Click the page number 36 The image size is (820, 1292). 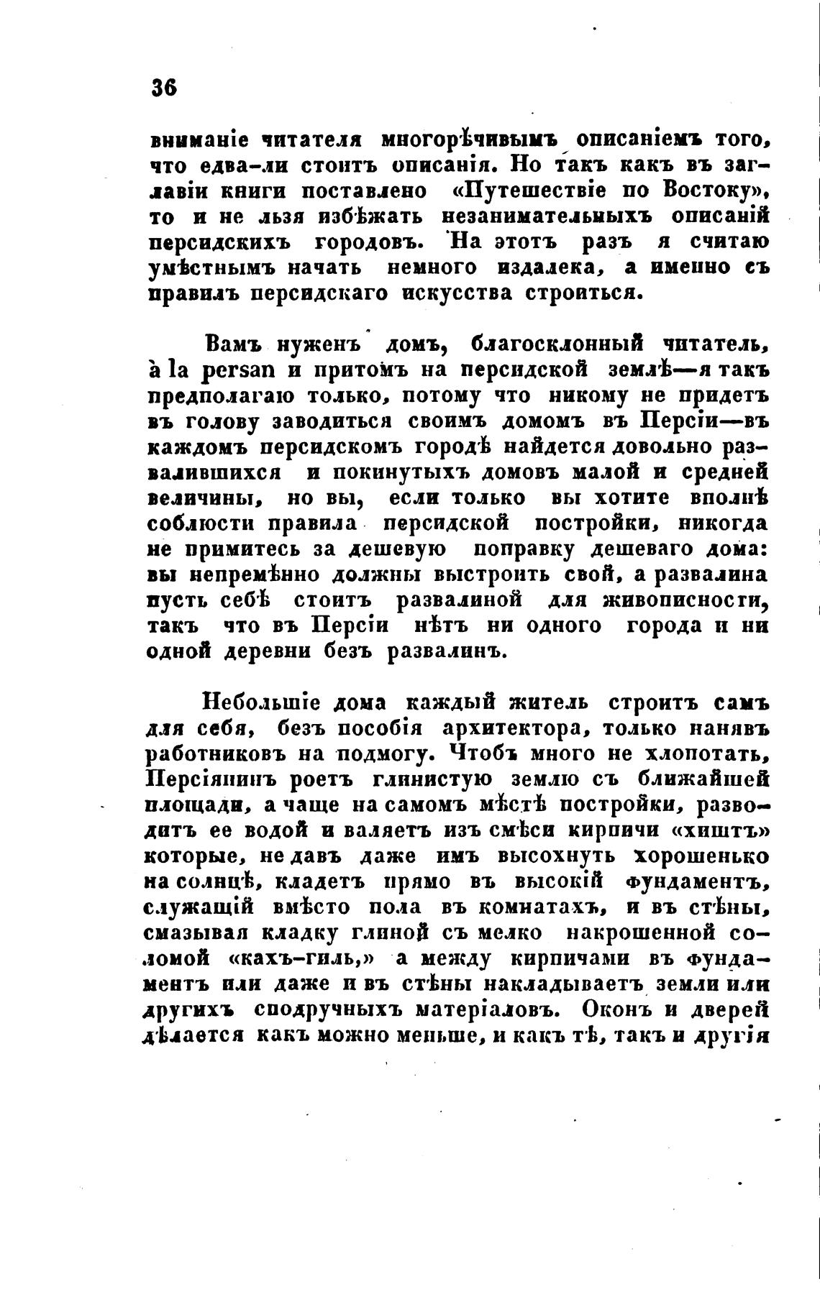pyautogui.click(x=163, y=87)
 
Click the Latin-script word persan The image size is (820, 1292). pyautogui.click(x=225, y=371)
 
